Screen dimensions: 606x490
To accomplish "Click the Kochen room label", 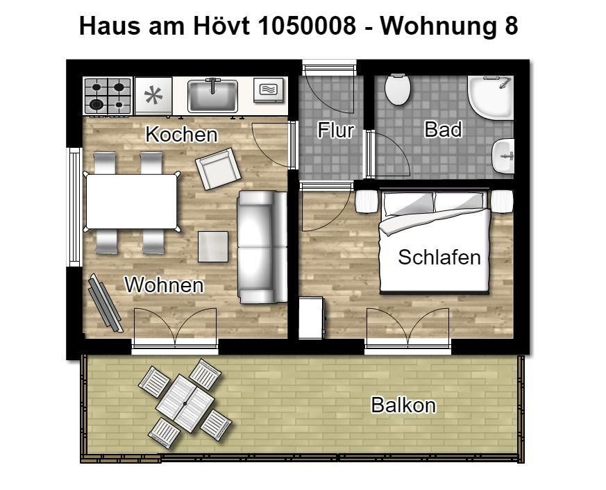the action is click(181, 135).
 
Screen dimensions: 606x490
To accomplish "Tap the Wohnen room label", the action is click(164, 285).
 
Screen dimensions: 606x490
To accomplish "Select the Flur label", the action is click(335, 130).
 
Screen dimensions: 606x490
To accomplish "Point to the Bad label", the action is click(443, 130).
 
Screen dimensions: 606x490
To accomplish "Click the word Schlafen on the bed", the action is click(439, 257).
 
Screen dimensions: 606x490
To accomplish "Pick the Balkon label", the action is click(403, 405).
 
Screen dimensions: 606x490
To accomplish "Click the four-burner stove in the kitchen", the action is click(108, 96).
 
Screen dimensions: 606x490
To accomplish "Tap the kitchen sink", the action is click(212, 96).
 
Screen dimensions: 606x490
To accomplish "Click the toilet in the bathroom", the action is click(397, 90).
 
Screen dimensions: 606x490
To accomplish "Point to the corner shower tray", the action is click(490, 97).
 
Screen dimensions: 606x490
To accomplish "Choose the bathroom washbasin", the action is click(503, 156).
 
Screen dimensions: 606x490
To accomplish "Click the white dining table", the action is click(131, 202).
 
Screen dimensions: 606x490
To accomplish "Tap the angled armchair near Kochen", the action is click(218, 169).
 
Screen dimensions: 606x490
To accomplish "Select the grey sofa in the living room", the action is click(262, 247).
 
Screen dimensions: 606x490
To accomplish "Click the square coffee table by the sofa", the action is click(213, 246).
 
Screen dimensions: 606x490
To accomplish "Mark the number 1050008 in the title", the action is click(307, 26).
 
